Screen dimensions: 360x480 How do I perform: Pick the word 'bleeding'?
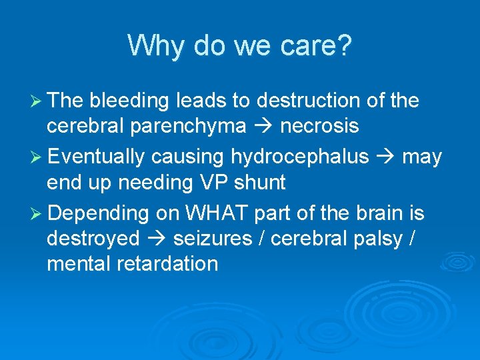tap(129, 101)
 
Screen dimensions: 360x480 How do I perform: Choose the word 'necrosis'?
tap(319, 126)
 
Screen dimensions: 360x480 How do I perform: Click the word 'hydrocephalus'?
tap(299, 157)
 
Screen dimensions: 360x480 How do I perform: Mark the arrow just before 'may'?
tap(385, 157)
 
